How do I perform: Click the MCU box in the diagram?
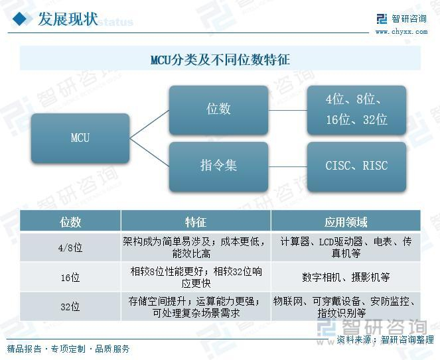[80, 138]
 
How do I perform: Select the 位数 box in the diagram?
[218, 109]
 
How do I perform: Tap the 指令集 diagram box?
[218, 166]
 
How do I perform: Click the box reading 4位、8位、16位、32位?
[356, 109]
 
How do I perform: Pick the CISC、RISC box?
[356, 166]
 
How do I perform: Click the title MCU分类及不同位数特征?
[220, 60]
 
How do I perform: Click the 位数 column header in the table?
[70, 221]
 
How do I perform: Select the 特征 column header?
[196, 221]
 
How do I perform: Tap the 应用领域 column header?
[345, 221]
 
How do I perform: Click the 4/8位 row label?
[70, 247]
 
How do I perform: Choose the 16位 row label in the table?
[70, 277]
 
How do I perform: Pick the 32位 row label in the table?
[70, 306]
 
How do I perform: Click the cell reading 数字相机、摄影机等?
[345, 277]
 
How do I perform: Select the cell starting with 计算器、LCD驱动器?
[345, 247]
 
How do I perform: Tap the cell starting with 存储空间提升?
[196, 306]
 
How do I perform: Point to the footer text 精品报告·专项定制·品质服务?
[68, 349]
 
